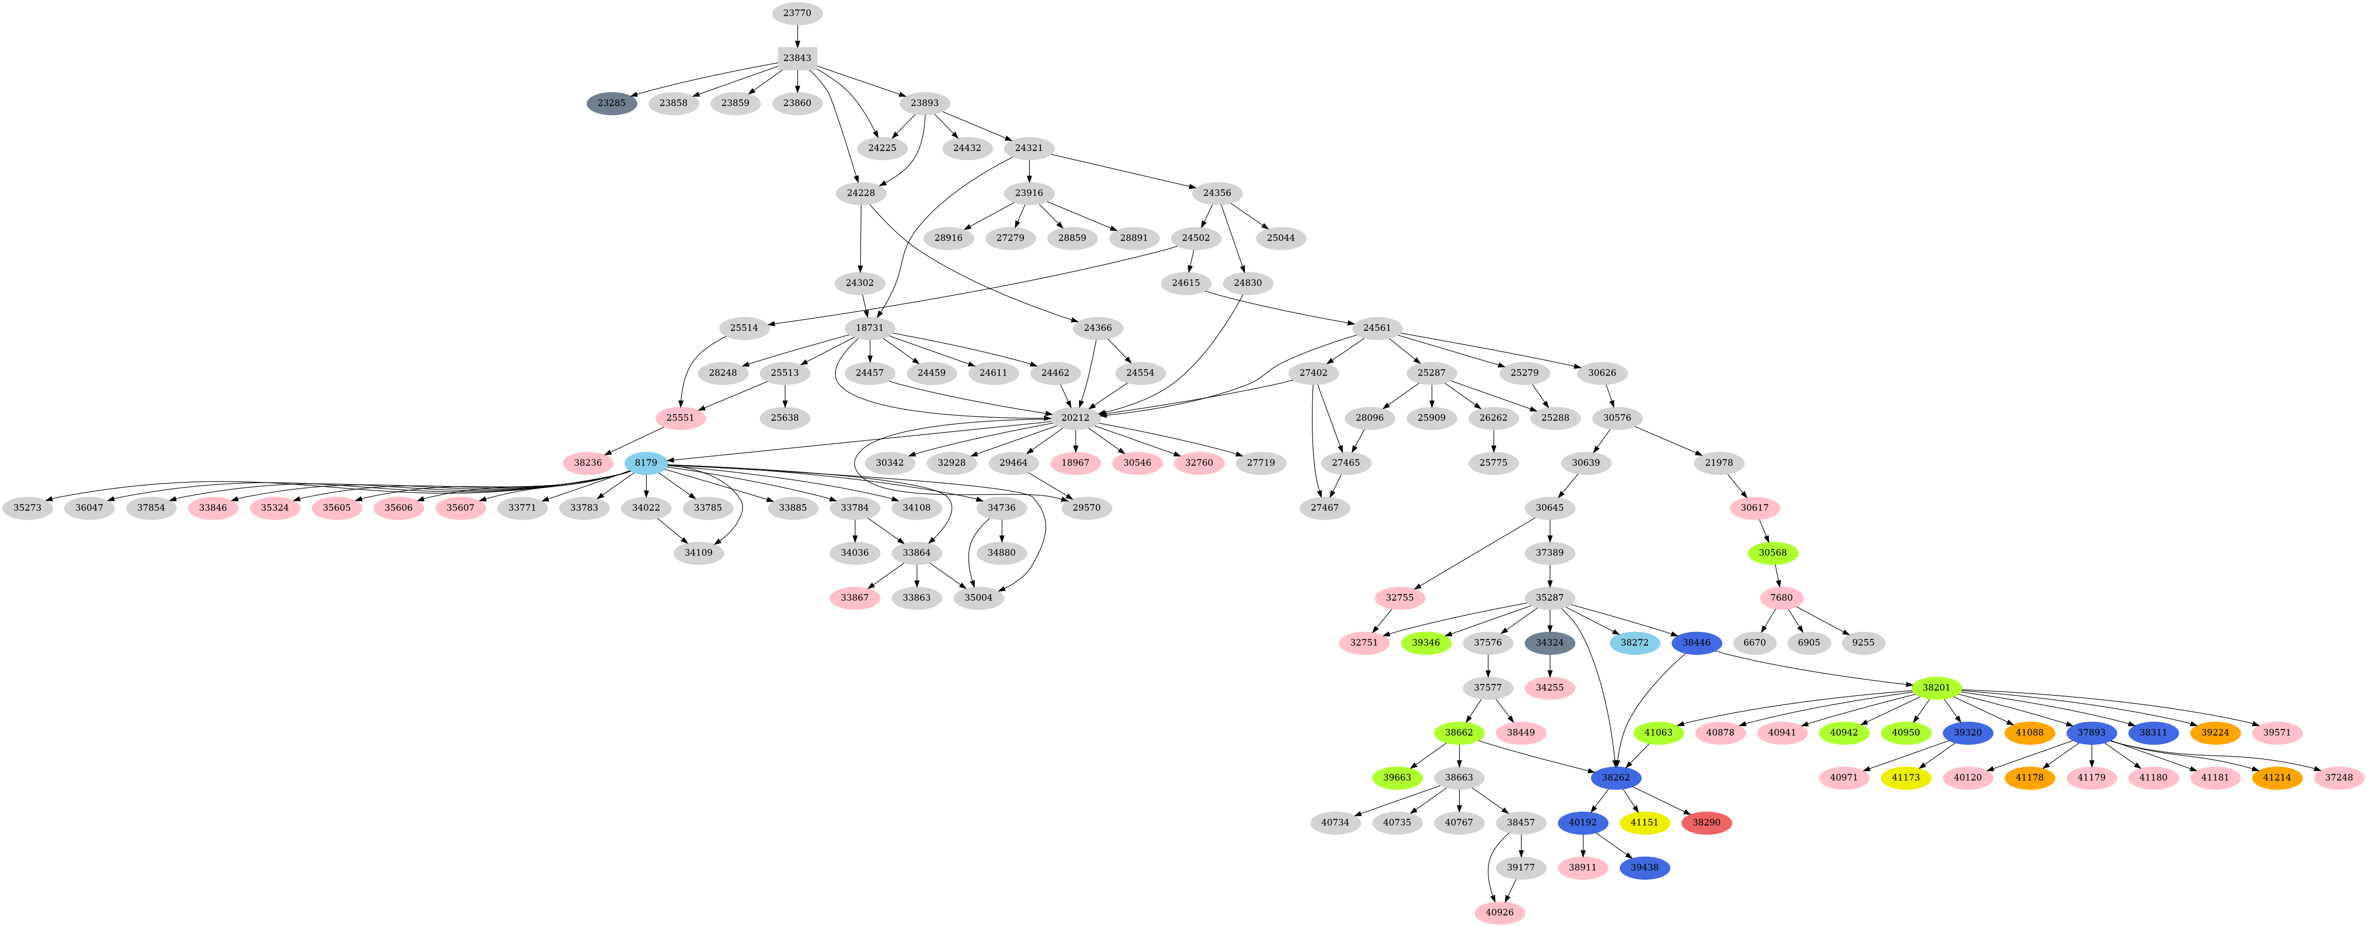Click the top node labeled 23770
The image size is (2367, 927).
click(x=797, y=13)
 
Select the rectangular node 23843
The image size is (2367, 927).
click(x=797, y=58)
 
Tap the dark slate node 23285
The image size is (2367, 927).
click(x=611, y=103)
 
